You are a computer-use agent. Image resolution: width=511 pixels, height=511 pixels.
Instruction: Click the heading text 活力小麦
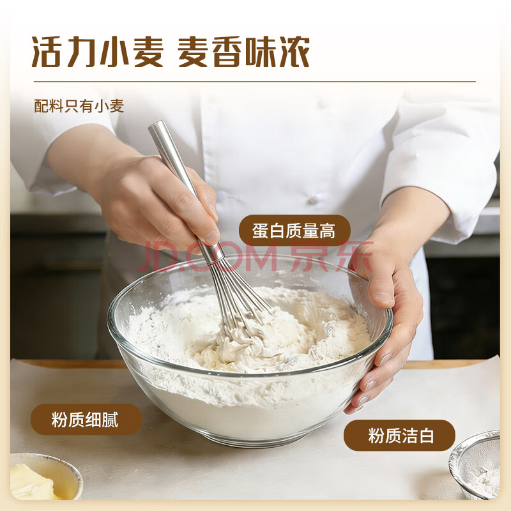click(x=97, y=52)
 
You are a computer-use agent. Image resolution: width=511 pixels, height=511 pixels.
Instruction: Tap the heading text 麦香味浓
click(x=243, y=52)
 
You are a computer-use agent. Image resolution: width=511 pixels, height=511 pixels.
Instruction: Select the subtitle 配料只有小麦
click(x=79, y=106)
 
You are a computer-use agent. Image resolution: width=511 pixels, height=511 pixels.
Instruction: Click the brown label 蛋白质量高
click(x=294, y=231)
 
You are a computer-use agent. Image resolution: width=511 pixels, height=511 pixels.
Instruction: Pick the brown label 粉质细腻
click(x=86, y=420)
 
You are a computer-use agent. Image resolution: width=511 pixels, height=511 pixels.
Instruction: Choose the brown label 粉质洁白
click(x=400, y=436)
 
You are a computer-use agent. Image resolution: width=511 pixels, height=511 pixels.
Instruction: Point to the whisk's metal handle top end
click(x=156, y=126)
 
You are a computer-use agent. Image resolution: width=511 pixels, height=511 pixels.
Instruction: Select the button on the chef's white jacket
click(x=313, y=199)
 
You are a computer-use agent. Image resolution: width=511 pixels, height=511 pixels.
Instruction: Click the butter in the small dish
click(x=33, y=482)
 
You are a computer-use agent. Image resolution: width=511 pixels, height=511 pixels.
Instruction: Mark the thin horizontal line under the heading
click(x=255, y=82)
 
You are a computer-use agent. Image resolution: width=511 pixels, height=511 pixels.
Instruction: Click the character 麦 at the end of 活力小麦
click(x=148, y=52)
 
